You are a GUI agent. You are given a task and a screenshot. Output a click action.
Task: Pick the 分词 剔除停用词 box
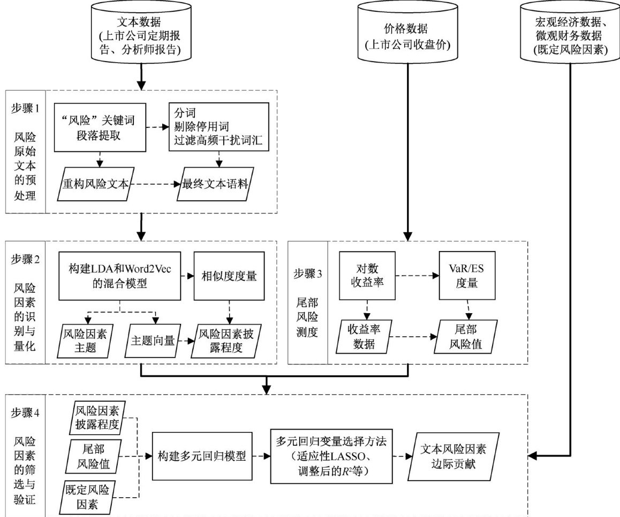[218, 127]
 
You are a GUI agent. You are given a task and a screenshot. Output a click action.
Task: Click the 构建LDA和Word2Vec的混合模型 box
[118, 276]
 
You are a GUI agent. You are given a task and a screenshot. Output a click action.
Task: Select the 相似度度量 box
[230, 276]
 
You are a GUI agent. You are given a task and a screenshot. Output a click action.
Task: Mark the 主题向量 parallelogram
[153, 339]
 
